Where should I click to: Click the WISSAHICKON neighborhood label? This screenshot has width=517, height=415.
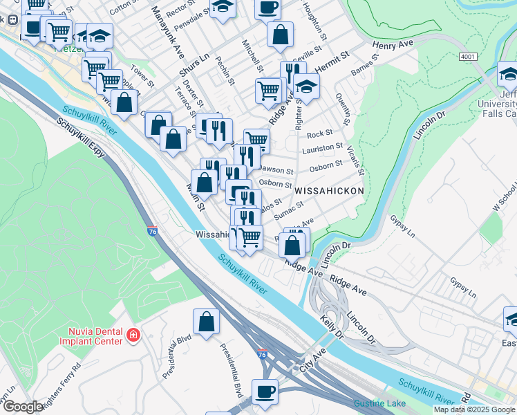328,190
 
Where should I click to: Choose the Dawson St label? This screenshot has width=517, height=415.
277,170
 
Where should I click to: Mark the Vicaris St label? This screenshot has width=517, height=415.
356,160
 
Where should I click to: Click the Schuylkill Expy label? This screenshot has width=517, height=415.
82,138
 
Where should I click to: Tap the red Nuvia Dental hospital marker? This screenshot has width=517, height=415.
132,336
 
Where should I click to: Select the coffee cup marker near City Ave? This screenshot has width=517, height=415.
265,391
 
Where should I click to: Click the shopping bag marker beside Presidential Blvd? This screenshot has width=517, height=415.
206,322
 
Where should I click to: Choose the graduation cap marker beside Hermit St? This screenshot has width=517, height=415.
306,87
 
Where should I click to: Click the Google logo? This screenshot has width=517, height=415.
23,407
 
